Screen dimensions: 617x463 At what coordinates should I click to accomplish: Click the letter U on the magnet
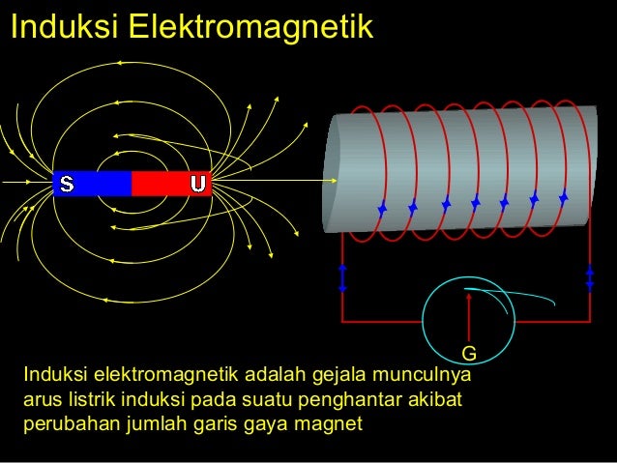click(x=197, y=184)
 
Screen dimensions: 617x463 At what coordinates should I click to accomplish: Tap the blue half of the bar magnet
click(x=95, y=184)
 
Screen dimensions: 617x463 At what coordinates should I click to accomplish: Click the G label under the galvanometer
click(x=468, y=352)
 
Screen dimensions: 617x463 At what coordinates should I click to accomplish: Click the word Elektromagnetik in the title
click(x=250, y=27)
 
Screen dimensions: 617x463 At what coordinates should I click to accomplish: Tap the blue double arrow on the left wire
click(x=342, y=276)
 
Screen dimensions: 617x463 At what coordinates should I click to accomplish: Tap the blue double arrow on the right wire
click(x=590, y=276)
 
